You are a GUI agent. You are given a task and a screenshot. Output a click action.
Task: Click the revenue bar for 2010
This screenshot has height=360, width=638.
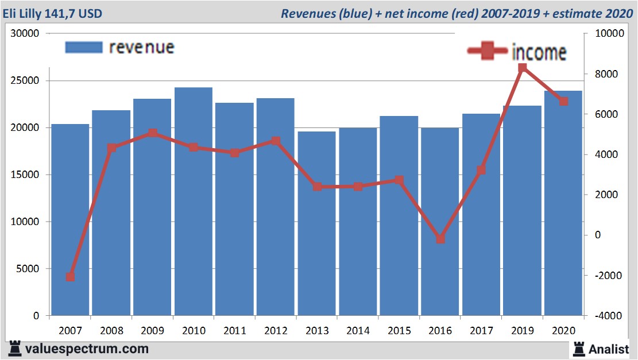194,201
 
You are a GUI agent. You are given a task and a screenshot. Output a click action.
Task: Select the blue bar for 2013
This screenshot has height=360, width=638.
317,224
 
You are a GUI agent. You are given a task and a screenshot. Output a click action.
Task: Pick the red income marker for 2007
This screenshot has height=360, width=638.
70,277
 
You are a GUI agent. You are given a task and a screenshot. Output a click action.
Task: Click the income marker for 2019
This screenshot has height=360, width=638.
522,68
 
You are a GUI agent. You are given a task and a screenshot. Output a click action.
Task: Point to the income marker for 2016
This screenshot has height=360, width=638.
440,239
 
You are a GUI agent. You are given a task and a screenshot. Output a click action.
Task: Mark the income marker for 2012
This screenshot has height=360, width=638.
276,141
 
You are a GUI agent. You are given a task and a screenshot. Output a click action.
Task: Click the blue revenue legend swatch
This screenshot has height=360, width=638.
83,47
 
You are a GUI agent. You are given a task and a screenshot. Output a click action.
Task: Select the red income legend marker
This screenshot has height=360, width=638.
488,51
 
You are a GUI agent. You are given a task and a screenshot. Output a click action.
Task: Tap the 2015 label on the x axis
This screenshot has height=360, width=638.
399,331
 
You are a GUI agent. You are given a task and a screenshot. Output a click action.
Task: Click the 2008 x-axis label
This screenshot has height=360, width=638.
111,331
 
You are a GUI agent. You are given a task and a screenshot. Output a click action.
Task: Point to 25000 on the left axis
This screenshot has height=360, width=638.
26,80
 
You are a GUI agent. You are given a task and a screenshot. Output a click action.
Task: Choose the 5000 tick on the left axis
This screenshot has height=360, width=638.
29,269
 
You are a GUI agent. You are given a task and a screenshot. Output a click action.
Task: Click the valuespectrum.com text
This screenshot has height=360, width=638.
86,349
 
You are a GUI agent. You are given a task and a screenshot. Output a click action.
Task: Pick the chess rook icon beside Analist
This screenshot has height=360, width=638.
578,348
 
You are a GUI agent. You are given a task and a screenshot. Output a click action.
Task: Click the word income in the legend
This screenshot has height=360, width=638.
539,52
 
